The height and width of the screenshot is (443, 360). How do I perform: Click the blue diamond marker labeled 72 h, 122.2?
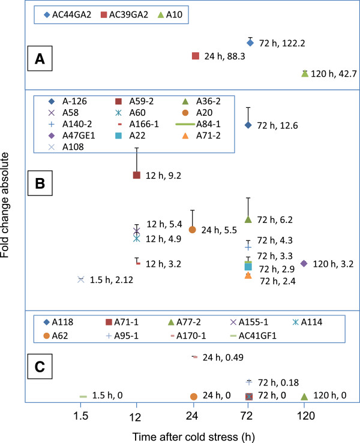pos(250,43)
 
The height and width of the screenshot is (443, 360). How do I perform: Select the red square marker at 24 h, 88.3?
pos(195,56)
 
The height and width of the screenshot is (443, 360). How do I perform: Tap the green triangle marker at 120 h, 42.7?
pos(305,74)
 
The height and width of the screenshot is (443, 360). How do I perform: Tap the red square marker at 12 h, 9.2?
pos(137,175)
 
